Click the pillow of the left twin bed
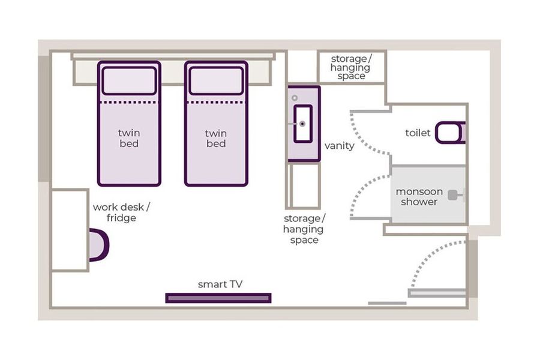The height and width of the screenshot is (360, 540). point(129,80)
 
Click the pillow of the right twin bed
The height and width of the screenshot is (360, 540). point(216,80)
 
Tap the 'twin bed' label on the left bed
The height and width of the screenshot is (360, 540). point(129,138)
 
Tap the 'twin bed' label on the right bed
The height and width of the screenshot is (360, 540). point(216,138)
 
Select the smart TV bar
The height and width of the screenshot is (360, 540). point(218,298)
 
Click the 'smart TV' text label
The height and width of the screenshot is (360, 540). point(220,284)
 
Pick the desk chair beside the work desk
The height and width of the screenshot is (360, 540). point(99,245)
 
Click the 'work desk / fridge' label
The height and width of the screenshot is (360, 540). point(121,212)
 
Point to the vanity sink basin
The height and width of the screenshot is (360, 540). point(303,124)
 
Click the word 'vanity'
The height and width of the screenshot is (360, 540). point(339,146)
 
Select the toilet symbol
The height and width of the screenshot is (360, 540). point(450,132)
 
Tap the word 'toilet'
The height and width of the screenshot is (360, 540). point(418,133)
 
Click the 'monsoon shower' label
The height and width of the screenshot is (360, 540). point(419,196)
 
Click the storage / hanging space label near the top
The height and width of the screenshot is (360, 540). point(350,67)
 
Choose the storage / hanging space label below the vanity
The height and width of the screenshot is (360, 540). point(304,229)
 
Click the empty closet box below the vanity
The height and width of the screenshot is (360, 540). point(304,185)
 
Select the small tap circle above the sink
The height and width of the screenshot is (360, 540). point(295,98)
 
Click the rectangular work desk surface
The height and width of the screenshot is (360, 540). point(70,230)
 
